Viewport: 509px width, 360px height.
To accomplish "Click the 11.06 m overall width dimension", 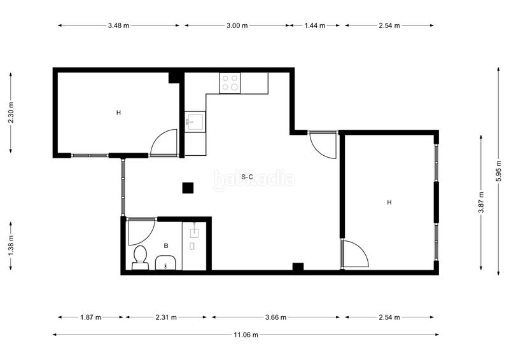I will click(x=246, y=335).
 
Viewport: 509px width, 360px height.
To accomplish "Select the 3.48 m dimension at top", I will click(x=118, y=25).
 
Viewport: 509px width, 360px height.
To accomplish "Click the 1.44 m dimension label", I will click(x=315, y=25).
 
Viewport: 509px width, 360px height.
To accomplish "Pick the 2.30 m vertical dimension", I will click(x=11, y=113).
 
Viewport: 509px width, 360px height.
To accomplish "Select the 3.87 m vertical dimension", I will click(x=481, y=202).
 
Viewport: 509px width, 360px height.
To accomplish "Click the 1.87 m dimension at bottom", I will click(x=91, y=317).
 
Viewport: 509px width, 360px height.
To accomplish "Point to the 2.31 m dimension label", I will click(x=167, y=317).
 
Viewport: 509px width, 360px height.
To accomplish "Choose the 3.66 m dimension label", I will click(x=276, y=317).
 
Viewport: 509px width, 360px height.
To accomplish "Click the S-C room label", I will click(x=248, y=176).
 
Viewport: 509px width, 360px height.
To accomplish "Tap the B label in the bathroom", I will click(x=166, y=246).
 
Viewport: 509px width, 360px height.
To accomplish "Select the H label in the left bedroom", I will click(x=118, y=113).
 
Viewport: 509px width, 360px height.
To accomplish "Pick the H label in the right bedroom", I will click(x=389, y=202).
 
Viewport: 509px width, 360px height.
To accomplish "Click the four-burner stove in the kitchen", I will click(x=230, y=83).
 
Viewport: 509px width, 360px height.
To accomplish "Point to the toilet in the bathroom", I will click(x=140, y=258).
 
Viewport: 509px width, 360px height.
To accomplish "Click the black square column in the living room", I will click(x=188, y=188).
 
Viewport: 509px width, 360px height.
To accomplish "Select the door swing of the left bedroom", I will click(x=164, y=143).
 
